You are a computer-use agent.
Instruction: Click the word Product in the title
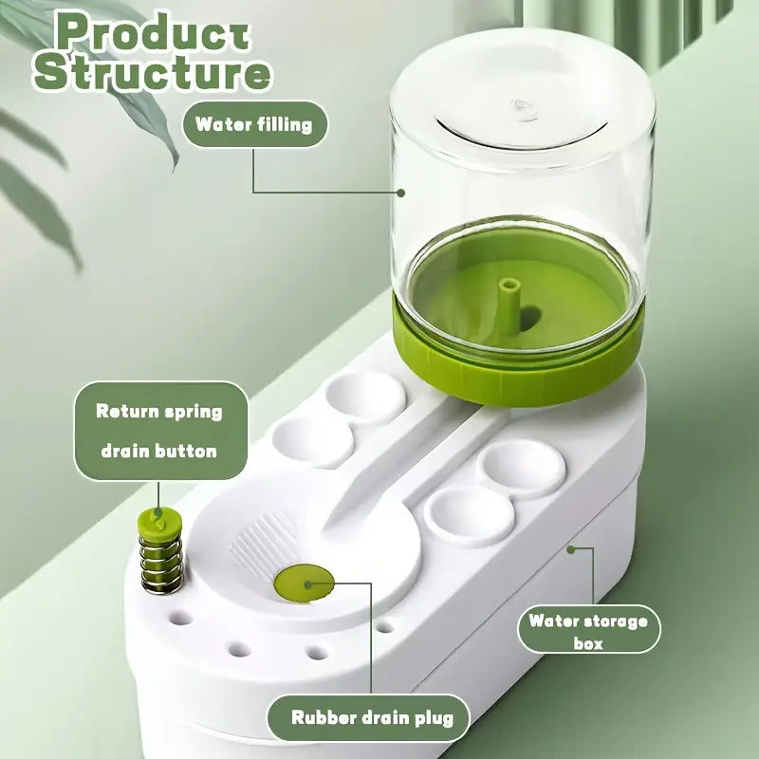point(153,31)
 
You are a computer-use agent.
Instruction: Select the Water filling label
point(253,124)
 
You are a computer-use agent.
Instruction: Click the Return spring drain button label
point(159,432)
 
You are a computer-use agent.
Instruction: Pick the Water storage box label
point(588,632)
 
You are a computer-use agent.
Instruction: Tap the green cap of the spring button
point(156,520)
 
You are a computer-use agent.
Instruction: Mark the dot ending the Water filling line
point(401,193)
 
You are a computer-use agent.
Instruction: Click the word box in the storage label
point(588,643)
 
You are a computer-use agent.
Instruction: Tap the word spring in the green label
point(193,413)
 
